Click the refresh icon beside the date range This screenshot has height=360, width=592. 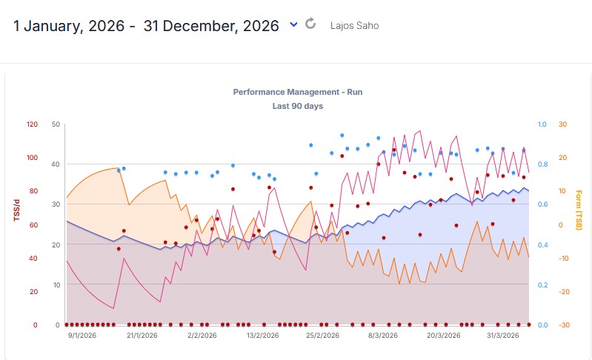point(310,24)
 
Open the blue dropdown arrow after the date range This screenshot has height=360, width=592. point(293,24)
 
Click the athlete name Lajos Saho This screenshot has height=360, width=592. point(354,26)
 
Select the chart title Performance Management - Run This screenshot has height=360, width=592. point(297,93)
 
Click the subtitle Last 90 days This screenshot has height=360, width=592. point(297,106)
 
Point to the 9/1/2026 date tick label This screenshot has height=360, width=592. point(81,336)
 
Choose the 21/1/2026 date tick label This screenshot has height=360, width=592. point(142,336)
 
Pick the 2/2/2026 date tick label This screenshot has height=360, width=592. point(202,336)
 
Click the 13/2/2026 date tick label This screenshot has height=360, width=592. point(262,336)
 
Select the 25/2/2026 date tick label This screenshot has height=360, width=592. point(323,336)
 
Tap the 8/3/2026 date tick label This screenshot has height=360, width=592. point(382,336)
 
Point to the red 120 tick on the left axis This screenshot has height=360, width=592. point(32,124)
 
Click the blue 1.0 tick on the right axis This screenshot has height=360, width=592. point(542,124)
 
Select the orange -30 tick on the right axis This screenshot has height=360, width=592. point(564,325)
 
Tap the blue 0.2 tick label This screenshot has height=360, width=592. point(542,285)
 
